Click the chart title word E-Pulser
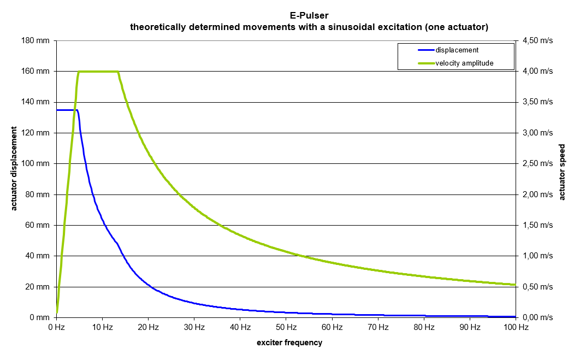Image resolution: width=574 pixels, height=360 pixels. point(309,16)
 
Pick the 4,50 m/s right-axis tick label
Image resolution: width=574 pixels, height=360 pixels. point(537,40)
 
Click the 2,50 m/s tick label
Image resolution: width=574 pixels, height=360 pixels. point(537,164)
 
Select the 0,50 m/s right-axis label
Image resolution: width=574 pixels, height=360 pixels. point(537,287)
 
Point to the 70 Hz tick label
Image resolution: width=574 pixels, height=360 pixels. point(378,327)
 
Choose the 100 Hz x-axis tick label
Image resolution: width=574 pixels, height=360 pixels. point(516,327)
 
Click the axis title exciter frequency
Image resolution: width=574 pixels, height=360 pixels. point(289,343)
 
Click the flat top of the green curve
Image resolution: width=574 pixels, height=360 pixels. point(98,72)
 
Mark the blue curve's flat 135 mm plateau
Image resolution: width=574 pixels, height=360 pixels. point(66,110)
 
